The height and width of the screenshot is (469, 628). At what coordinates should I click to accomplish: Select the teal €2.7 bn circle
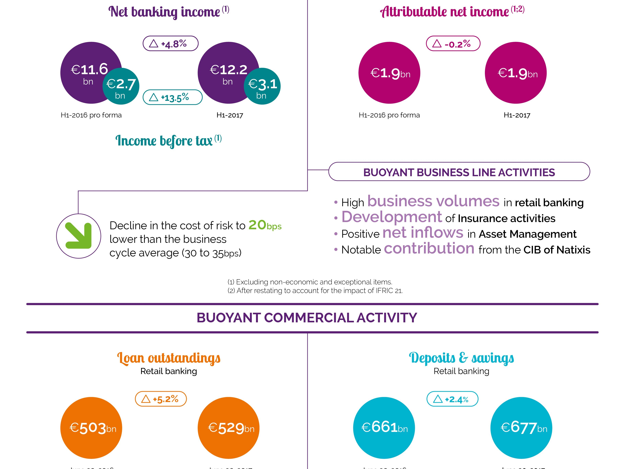coord(121,86)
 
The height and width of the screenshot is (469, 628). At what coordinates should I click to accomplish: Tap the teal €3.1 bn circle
coord(262,86)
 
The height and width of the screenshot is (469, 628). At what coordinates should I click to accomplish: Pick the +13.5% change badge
coord(172,97)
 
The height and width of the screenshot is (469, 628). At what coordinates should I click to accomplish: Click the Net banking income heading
coord(168,12)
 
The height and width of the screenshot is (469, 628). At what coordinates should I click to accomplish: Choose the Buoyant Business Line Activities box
coord(459,172)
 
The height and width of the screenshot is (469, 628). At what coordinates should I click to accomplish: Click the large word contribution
coord(429,248)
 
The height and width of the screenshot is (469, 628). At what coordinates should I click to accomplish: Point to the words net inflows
coord(423,233)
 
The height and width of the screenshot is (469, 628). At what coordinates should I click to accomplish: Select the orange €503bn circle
coord(91,428)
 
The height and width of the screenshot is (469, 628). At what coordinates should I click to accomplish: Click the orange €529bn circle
coord(229,428)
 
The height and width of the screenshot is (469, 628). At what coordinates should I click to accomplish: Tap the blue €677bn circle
coord(521,428)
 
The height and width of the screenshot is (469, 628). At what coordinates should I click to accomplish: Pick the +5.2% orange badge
coord(161,399)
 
